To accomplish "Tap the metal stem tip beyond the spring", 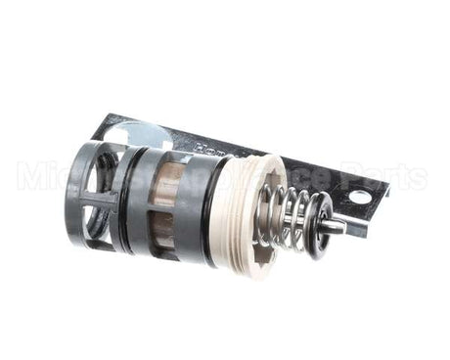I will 337,227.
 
